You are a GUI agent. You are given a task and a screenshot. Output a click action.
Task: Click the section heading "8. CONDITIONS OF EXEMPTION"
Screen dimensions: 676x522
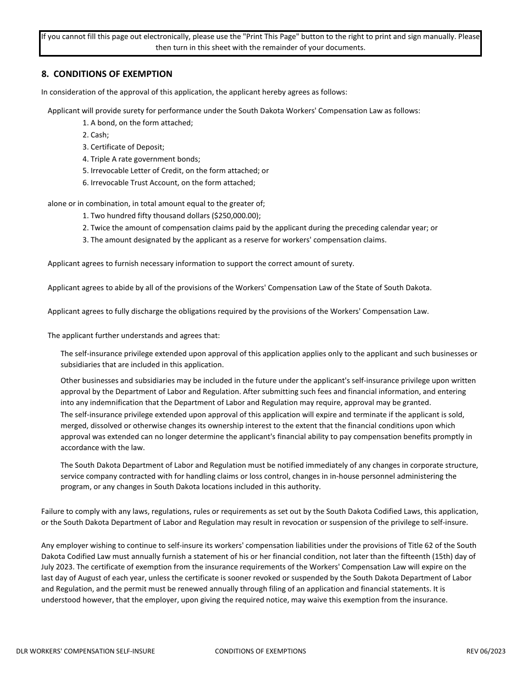tap(107, 74)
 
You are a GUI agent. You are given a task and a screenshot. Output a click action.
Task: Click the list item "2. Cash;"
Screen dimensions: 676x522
tap(96, 135)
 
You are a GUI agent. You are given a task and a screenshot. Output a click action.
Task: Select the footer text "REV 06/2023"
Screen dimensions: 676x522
tap(486, 651)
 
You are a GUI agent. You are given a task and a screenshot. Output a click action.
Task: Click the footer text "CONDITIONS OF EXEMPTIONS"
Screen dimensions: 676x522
tap(260, 651)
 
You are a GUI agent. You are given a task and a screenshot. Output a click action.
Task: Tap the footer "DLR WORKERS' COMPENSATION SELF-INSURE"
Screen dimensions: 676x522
tap(86, 651)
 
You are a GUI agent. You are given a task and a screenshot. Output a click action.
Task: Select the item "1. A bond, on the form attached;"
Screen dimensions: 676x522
tap(137, 123)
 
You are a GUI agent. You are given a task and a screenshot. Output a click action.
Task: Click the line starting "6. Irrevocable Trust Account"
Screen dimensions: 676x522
tap(169, 182)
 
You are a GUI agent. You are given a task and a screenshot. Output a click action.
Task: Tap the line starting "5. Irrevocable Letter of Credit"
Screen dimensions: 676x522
tap(175, 170)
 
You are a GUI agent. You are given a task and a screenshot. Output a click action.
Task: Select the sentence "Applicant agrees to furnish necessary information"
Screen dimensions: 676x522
tap(201, 263)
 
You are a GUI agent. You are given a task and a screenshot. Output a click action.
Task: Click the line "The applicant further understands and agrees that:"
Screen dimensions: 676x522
tap(134, 335)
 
